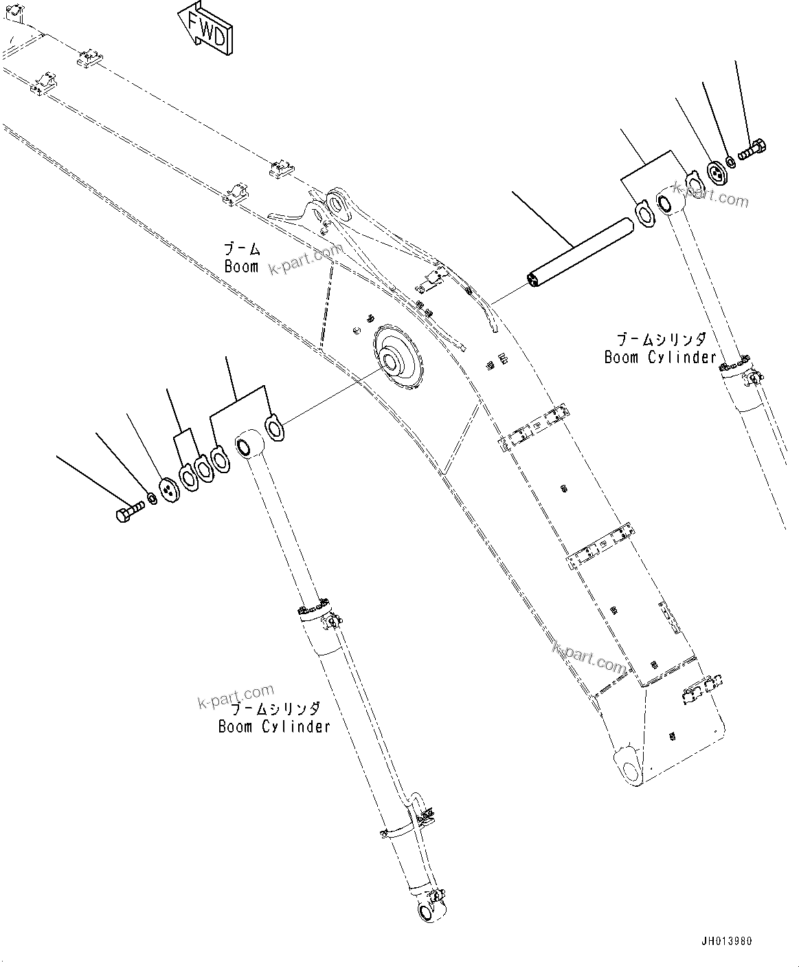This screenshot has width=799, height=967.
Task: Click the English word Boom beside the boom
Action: tap(241, 266)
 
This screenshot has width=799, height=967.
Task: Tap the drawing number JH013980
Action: tap(726, 941)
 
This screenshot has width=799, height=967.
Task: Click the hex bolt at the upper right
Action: tap(753, 148)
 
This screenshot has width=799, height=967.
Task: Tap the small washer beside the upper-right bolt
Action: tap(730, 162)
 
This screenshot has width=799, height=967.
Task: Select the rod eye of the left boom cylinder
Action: tap(247, 446)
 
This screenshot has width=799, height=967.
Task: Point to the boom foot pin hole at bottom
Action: tap(627, 763)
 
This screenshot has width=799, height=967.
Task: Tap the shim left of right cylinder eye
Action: tap(644, 213)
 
